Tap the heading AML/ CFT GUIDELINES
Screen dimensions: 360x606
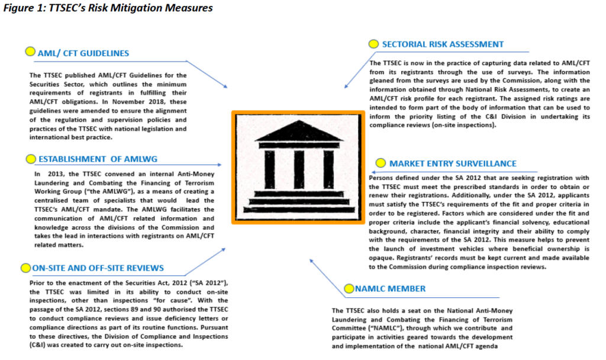point(83,53)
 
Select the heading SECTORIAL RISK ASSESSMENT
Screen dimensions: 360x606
point(443,44)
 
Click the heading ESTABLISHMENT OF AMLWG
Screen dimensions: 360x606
point(98,159)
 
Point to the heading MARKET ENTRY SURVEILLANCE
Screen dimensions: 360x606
point(453,163)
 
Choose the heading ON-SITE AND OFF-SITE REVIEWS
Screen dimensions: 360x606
point(98,268)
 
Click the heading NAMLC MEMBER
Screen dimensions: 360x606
point(390,288)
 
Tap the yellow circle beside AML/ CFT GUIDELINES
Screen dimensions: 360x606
point(30,52)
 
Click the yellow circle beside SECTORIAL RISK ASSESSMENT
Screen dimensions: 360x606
point(373,44)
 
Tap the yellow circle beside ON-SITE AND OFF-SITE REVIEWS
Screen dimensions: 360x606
point(25,268)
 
